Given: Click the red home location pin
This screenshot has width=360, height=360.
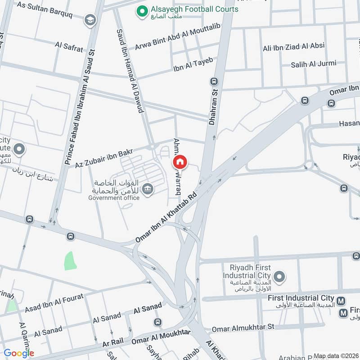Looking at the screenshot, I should pyautogui.click(x=180, y=162).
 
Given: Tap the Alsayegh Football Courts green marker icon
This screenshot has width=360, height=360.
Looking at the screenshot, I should pyautogui.click(x=142, y=9).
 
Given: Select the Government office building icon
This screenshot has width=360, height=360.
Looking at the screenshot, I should pyautogui.click(x=147, y=189).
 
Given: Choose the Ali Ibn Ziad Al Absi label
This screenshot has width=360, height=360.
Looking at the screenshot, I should pyautogui.click(x=294, y=46).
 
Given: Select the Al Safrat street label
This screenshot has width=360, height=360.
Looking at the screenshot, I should pyautogui.click(x=69, y=47).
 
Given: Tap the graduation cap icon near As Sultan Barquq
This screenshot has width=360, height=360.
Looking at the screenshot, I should pyautogui.click(x=90, y=20).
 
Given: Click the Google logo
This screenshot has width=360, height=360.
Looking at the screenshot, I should pyautogui.click(x=18, y=353).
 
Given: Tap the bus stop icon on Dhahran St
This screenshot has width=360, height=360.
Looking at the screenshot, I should pyautogui.click(x=214, y=81).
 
